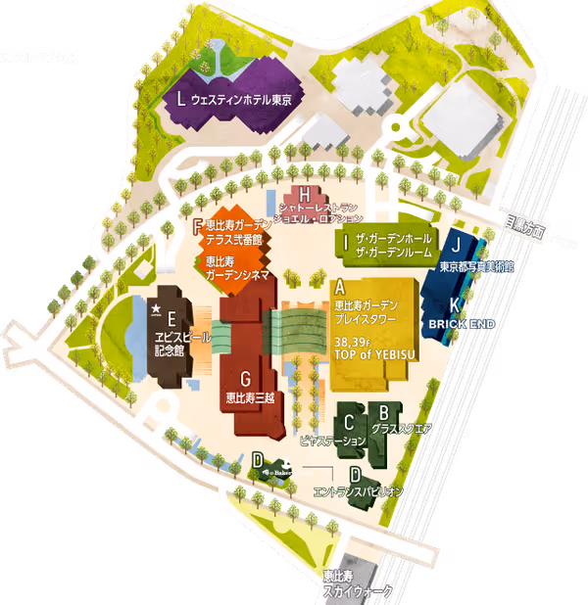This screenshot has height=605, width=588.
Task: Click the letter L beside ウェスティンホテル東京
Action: click(x=181, y=99)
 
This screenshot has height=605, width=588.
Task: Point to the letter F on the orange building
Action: click(x=199, y=226)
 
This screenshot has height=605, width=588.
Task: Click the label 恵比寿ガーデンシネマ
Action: click(x=235, y=269)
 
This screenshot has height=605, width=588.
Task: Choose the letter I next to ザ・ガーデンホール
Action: click(x=346, y=239)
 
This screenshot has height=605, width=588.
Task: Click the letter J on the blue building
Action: click(x=456, y=246)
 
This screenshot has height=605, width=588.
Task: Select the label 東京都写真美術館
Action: click(x=476, y=265)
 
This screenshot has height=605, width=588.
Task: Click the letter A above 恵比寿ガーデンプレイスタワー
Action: click(x=340, y=288)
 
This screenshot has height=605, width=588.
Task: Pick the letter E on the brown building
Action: click(x=171, y=317)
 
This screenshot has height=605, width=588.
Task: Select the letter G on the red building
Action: click(x=246, y=380)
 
